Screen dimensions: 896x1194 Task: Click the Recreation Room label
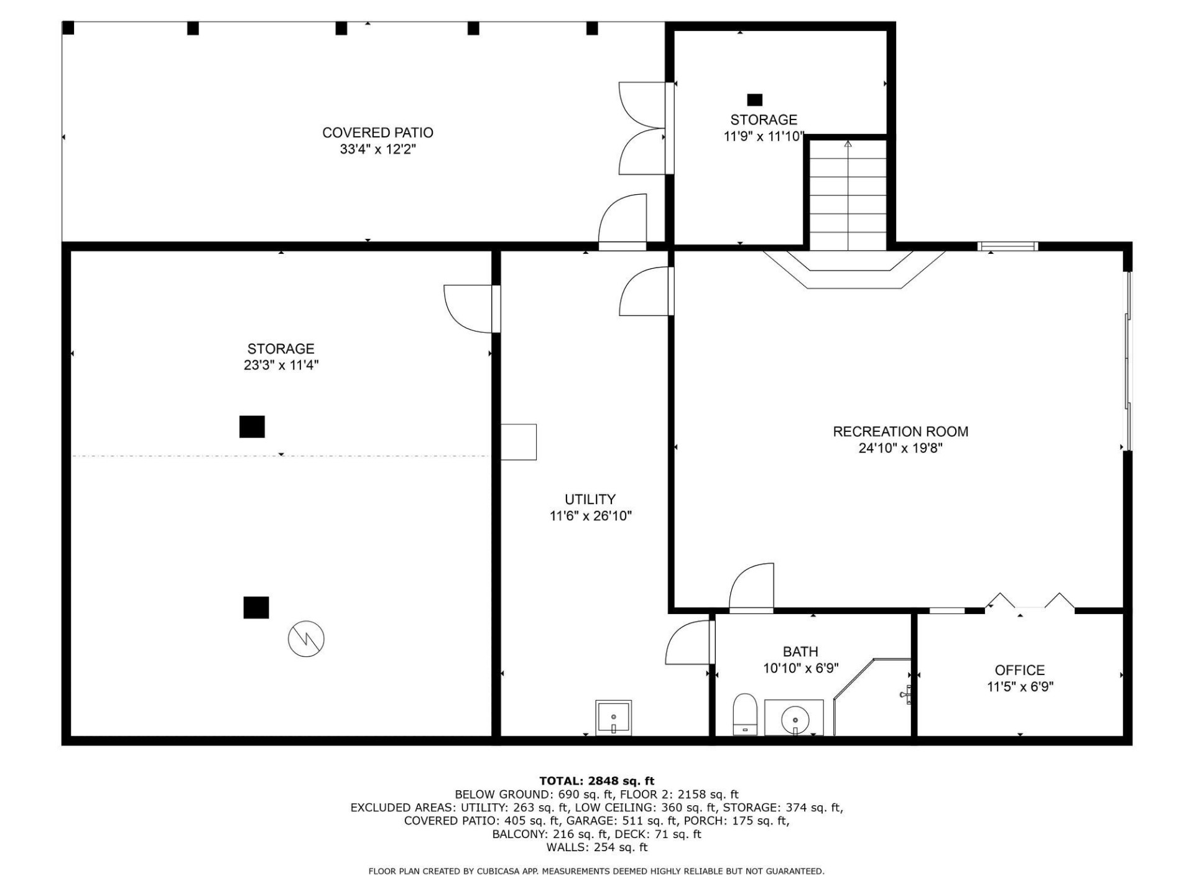click(x=900, y=431)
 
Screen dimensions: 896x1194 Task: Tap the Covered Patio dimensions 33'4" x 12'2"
click(x=377, y=149)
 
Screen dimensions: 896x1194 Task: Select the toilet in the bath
click(x=744, y=715)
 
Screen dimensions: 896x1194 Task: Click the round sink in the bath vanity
click(x=795, y=719)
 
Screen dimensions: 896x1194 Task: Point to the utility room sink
click(x=614, y=717)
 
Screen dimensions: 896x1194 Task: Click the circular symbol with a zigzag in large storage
click(x=306, y=638)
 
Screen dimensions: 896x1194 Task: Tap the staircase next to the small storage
click(x=848, y=194)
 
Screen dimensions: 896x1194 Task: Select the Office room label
click(x=1019, y=670)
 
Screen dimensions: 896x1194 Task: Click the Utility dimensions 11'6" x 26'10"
click(x=590, y=516)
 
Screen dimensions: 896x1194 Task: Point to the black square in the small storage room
click(x=754, y=100)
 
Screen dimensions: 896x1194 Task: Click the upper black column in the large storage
click(x=252, y=427)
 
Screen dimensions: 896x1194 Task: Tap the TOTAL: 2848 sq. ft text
click(x=596, y=781)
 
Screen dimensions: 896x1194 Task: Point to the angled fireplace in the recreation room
click(x=854, y=271)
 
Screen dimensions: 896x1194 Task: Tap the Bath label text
click(x=800, y=652)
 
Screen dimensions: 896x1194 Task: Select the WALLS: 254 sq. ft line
click(x=596, y=847)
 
